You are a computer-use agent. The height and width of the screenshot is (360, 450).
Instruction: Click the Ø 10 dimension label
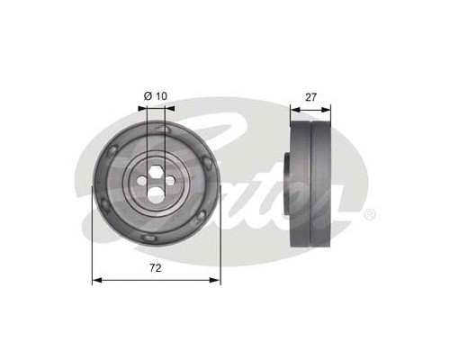click(156, 96)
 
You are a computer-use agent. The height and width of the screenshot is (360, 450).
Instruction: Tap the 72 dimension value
click(156, 268)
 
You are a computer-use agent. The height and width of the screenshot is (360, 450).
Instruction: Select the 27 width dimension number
click(310, 97)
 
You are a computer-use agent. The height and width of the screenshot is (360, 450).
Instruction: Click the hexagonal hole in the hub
click(156, 173)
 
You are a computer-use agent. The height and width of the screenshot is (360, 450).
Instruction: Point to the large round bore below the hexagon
click(157, 193)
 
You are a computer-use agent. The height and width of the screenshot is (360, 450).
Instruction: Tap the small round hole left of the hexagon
click(141, 181)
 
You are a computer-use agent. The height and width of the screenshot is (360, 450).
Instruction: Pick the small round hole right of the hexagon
click(170, 181)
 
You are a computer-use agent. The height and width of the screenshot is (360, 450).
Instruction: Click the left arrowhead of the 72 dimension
click(97, 280)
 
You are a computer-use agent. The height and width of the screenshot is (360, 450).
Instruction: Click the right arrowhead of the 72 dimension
click(215, 280)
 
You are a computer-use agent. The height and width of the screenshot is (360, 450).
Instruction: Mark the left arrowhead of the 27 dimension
click(295, 110)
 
